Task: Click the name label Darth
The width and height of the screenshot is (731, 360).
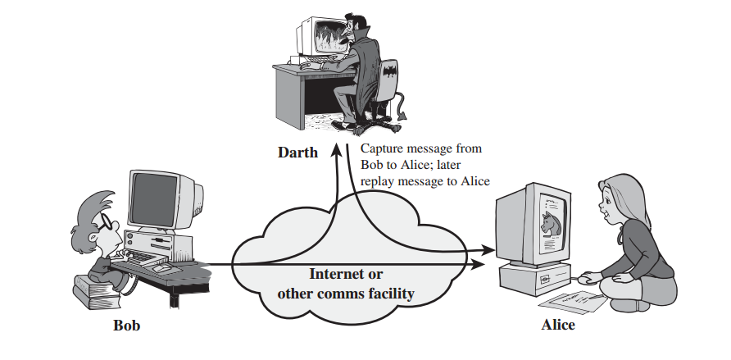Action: click(x=297, y=153)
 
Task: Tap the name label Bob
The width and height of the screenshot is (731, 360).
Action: click(x=126, y=326)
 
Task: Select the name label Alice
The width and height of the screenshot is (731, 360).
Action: click(x=558, y=325)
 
